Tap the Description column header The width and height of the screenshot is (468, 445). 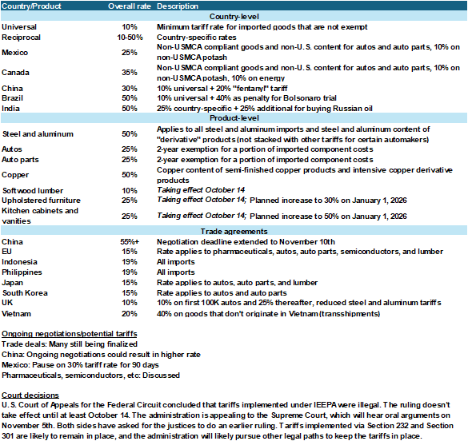pyautogui.click(x=178, y=6)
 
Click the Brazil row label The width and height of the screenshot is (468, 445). pyautogui.click(x=13, y=97)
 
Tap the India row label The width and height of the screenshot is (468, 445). pyautogui.click(x=11, y=107)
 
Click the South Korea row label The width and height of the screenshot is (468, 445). pyautogui.click(x=26, y=292)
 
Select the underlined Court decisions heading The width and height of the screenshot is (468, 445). pyautogui.click(x=30, y=395)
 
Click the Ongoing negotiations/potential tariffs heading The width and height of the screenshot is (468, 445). pyautogui.click(x=69, y=333)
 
